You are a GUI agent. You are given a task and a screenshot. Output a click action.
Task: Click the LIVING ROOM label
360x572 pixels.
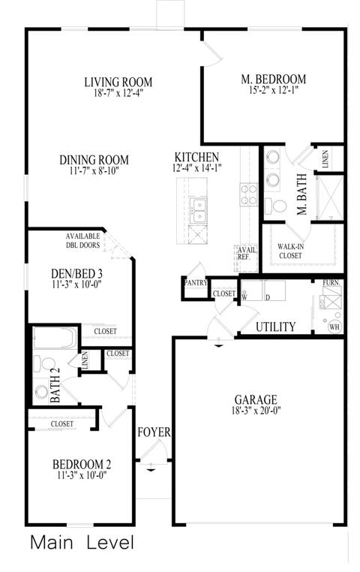tap(118, 82)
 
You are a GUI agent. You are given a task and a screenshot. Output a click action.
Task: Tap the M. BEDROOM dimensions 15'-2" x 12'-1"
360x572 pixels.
tap(273, 90)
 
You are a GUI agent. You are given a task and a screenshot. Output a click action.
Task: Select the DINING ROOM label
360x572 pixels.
tap(94, 160)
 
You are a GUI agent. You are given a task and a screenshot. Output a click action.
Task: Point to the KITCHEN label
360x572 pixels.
tap(196, 157)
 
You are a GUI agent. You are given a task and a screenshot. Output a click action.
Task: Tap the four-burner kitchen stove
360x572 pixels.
tap(248, 195)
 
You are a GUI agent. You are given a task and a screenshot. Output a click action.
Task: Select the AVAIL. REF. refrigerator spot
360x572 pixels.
tap(246, 258)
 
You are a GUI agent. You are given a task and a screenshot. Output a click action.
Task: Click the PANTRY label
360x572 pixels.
tap(196, 283)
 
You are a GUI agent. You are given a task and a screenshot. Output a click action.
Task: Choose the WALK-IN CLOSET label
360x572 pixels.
tap(290, 251)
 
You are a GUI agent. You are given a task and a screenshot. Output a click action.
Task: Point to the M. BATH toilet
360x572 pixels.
tap(276, 206)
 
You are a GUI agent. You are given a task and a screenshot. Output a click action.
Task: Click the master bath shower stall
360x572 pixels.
tap(330, 198)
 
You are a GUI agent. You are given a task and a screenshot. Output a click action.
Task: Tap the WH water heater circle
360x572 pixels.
tap(334, 327)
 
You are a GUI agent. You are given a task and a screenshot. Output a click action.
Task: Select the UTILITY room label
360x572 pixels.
tap(275, 327)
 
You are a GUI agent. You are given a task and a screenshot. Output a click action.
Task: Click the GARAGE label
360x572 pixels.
tap(256, 400)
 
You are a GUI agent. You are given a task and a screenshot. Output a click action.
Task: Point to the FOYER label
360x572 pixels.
tap(154, 432)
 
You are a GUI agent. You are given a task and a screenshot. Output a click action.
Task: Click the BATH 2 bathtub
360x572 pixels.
tap(55, 338)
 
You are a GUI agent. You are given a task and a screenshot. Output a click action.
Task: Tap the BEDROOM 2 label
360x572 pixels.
tap(82, 465)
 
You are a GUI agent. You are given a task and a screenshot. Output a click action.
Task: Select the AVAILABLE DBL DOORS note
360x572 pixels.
tap(82, 241)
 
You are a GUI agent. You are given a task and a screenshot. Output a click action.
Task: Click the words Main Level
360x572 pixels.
tap(82, 543)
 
